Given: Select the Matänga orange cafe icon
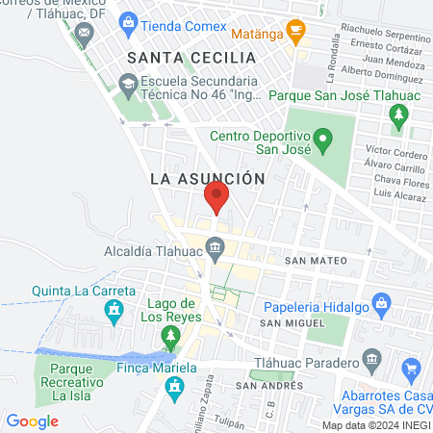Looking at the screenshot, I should (x=295, y=32).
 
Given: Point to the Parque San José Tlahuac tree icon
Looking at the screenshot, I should (x=398, y=116).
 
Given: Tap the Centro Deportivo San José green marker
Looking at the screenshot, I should (x=324, y=144).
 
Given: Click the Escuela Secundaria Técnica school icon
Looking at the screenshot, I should (x=127, y=85).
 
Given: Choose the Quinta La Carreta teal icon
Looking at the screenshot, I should (x=115, y=310).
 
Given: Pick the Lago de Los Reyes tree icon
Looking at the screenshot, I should (x=170, y=337).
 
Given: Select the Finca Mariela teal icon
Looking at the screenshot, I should (x=175, y=389).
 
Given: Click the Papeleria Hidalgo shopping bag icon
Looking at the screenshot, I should (x=381, y=306).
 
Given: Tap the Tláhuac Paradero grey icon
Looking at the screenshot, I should (x=373, y=363).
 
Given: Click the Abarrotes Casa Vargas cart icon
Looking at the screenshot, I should (x=412, y=368).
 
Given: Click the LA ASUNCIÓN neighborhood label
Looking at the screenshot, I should (x=207, y=178).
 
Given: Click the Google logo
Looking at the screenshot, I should (x=33, y=420).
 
